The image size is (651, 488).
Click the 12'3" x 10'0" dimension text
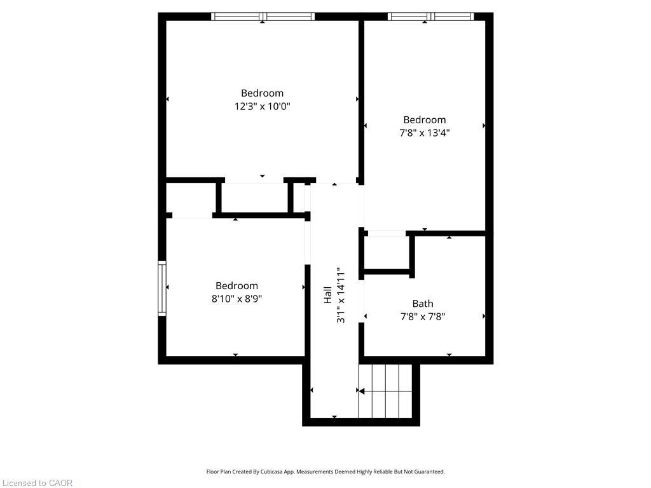(262, 107)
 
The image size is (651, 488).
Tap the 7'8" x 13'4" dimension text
(425, 133)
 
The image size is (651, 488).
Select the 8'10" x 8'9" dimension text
(236, 299)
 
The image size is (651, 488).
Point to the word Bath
(422, 304)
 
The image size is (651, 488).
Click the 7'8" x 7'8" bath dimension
(422, 316)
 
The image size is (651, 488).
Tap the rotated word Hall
(327, 295)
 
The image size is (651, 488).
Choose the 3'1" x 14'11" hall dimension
(341, 295)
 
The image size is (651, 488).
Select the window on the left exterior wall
(162, 288)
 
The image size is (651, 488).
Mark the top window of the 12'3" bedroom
(263, 17)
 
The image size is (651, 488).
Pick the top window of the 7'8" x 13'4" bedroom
(430, 17)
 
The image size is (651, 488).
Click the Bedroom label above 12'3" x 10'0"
(262, 93)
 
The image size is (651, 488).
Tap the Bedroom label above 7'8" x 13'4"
(425, 119)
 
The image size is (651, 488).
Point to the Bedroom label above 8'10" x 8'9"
(236, 286)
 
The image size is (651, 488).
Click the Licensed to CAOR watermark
(37, 483)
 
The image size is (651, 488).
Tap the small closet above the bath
(387, 254)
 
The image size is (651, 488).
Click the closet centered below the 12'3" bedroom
(254, 198)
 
